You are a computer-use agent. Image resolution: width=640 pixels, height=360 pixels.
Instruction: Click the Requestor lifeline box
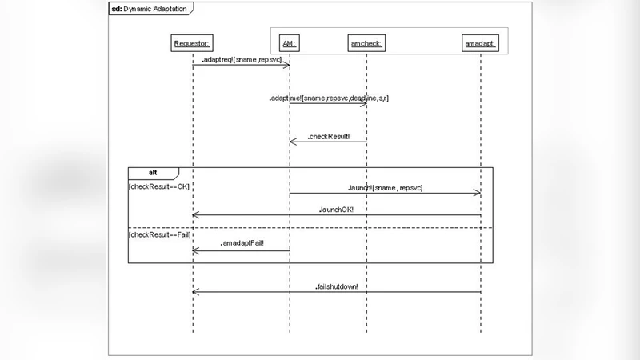192,43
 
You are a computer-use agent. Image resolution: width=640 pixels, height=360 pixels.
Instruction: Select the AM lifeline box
289,43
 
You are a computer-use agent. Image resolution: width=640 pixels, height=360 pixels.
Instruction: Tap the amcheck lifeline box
366,43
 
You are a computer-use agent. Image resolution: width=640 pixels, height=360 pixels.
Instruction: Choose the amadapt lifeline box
481,43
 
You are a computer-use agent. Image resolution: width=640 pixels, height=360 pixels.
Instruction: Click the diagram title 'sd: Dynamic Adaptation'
150,8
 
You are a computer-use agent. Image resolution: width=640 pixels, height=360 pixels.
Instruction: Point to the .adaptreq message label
241,59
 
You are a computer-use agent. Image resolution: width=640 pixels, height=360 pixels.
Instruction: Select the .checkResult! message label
328,136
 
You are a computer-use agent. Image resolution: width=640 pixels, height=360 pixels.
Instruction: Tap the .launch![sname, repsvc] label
385,187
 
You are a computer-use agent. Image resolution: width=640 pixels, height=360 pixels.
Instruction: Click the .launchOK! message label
336,209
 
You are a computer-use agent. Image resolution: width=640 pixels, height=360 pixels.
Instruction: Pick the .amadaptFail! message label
242,242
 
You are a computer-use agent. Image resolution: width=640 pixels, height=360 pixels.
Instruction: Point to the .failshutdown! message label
336,286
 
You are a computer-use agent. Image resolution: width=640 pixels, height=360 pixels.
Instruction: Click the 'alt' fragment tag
153,173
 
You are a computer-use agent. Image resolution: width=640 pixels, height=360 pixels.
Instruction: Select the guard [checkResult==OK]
159,186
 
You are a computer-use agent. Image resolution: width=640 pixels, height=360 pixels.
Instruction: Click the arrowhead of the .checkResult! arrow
292,142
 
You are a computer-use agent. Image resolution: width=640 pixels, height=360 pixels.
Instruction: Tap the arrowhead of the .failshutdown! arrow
195,292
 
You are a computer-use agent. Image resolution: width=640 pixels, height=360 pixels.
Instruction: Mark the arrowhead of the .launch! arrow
478,193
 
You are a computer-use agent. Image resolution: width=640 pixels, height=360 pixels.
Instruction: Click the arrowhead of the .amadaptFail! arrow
195,250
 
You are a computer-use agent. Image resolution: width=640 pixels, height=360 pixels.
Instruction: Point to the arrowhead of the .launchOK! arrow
195,214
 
